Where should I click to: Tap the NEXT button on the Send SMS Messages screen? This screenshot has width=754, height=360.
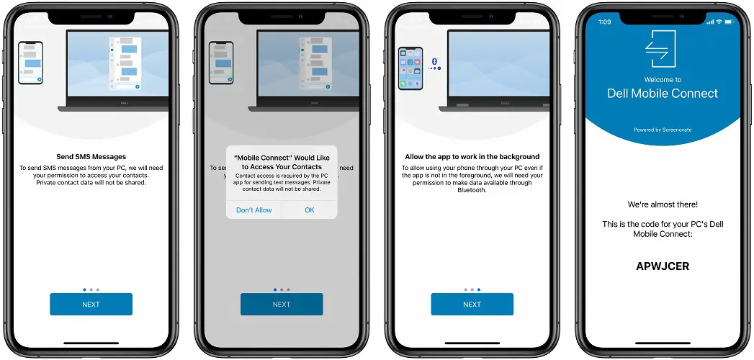(91, 305)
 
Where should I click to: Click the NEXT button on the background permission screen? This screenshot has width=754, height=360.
(472, 305)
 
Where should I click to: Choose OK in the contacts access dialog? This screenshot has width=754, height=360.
(310, 210)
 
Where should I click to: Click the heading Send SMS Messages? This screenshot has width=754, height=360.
(91, 157)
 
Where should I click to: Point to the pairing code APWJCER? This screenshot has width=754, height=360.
(663, 266)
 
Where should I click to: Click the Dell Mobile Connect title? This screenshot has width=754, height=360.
(663, 94)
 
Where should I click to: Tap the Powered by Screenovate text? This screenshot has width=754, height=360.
(663, 130)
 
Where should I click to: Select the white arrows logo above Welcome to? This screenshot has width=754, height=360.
(660, 48)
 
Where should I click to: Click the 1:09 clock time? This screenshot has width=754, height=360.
(604, 22)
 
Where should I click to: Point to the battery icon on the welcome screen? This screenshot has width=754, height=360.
(731, 22)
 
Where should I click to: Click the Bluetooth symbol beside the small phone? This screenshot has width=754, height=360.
(434, 61)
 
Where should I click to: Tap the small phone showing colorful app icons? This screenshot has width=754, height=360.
(410, 68)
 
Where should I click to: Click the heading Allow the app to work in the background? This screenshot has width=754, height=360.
(472, 157)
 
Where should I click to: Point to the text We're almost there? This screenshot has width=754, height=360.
(663, 204)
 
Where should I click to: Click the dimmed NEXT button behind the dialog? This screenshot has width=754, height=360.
(282, 305)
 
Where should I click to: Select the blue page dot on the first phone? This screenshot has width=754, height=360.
(85, 290)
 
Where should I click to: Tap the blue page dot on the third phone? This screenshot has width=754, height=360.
(479, 290)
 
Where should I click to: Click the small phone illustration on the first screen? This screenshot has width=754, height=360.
(30, 63)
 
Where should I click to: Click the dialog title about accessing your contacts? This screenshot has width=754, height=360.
(282, 162)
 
